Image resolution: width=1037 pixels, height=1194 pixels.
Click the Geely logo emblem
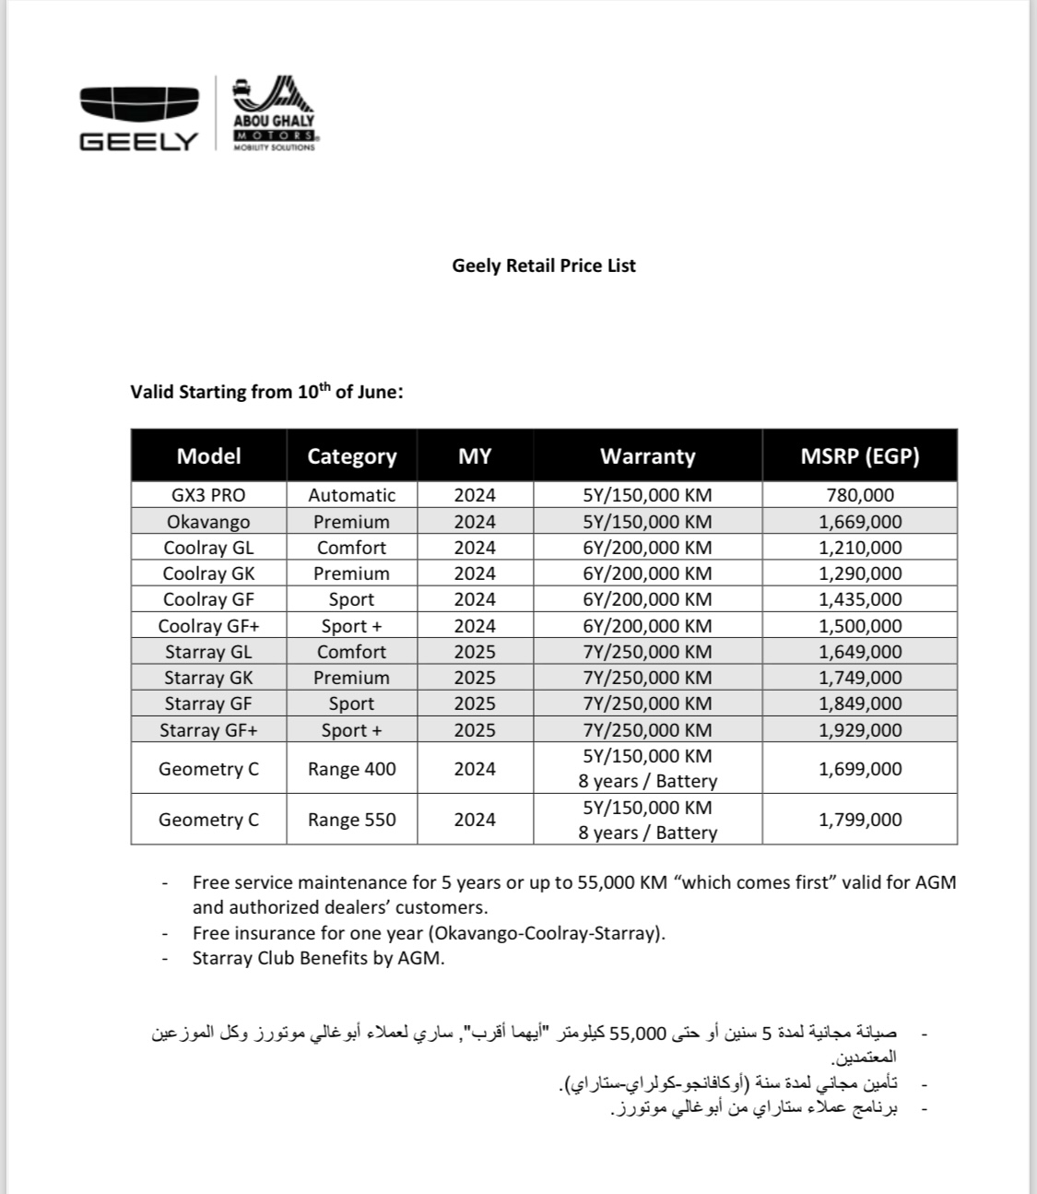pos(138,103)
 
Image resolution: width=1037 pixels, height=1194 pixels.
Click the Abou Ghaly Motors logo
pos(273,114)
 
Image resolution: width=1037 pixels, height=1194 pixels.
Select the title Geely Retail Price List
pos(544,266)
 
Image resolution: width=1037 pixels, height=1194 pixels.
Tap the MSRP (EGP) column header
pos(859,455)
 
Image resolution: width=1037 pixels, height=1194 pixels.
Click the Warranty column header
pos(647,455)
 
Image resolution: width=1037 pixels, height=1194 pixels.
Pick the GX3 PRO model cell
pos(208,495)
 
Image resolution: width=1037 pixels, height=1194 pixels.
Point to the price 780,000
pos(860,495)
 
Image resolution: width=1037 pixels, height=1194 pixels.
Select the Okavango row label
pos(208,522)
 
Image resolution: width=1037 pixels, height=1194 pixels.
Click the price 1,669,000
pos(860,522)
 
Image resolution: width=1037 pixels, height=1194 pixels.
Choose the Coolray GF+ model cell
pos(208,626)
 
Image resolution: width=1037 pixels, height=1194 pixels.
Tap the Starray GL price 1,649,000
pos(860,652)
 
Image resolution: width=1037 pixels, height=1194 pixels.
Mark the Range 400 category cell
pos(351,769)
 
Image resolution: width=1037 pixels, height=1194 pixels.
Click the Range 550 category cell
pos(351,820)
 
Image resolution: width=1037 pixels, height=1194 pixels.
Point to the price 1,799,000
pos(860,820)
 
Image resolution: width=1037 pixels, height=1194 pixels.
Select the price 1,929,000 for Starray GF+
pos(860,730)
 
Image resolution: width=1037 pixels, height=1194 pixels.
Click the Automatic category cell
pos(351,495)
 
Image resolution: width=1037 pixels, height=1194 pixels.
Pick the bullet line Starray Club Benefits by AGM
pos(318,958)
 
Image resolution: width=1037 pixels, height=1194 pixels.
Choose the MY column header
pos(475,455)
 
